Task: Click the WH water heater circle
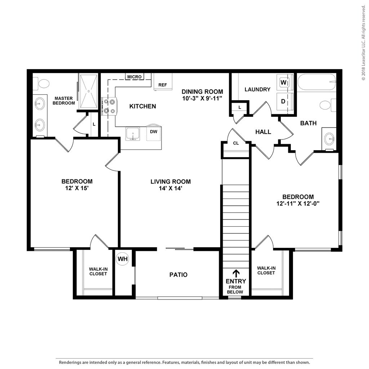(122, 259)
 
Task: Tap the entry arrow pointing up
(236, 273)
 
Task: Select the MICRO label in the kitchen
(134, 77)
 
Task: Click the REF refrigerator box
(163, 81)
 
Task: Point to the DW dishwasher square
(154, 132)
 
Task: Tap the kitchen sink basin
(133, 134)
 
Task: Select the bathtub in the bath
(316, 82)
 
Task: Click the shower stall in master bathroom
(88, 92)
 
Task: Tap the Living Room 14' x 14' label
(170, 185)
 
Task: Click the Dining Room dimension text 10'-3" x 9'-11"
(202, 98)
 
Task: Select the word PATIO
(178, 275)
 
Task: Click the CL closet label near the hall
(236, 143)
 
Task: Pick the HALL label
(263, 132)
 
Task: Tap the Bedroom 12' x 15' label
(76, 184)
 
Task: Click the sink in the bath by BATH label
(329, 138)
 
